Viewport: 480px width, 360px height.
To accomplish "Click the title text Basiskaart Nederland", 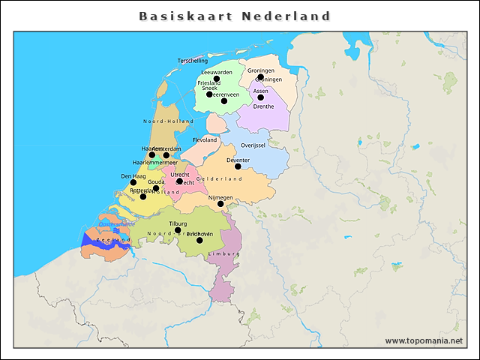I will (235, 16).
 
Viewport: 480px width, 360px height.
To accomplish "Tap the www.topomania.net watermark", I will (424, 341).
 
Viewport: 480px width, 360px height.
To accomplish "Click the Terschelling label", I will (193, 60).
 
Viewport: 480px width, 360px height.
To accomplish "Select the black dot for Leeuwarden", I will (217, 79).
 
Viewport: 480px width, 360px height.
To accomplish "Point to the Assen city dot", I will (261, 97).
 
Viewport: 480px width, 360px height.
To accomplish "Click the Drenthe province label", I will (263, 106).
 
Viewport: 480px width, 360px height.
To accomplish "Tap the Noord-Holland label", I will (169, 121).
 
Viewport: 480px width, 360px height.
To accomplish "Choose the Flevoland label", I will (205, 140).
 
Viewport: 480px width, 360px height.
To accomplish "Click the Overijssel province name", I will (253, 145).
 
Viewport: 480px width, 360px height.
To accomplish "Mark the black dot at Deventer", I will (238, 166).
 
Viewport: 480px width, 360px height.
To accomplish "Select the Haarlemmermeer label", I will (154, 163).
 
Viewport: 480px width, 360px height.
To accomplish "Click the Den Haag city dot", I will (133, 182).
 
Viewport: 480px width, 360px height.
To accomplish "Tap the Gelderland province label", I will (219, 179).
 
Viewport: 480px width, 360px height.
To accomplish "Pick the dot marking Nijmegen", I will (220, 204).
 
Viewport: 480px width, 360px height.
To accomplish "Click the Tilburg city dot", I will (178, 230).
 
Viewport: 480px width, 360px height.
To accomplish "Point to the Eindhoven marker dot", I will (199, 240).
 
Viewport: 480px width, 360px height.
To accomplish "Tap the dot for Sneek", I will (210, 94).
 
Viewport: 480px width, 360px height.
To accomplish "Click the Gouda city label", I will (156, 182).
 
